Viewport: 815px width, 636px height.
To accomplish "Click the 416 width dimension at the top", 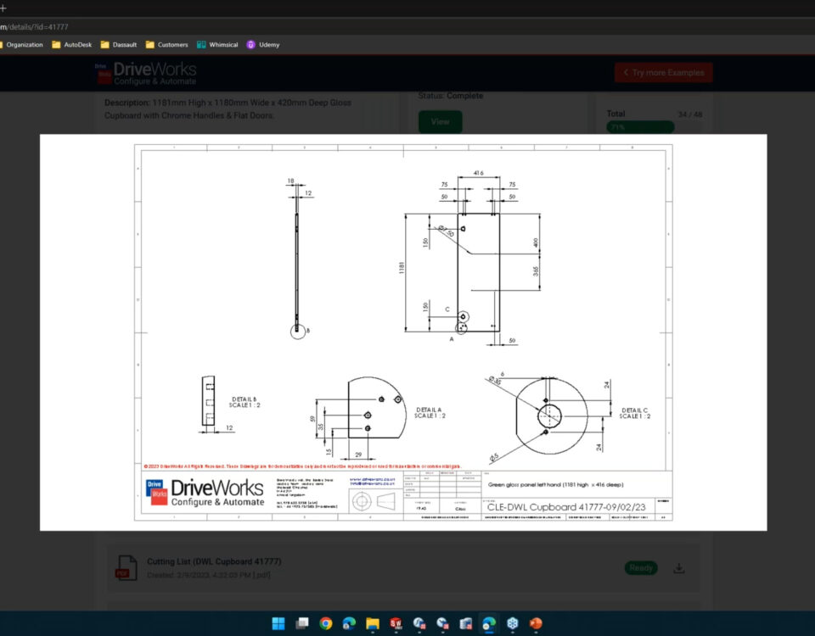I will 478,172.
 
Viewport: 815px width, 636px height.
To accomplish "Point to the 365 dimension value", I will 537,271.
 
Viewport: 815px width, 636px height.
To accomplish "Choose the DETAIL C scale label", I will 634,413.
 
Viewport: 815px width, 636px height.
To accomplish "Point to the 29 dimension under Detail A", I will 358,455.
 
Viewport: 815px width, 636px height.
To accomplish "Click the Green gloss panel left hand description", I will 556,485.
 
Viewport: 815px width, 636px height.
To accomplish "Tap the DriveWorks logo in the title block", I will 205,493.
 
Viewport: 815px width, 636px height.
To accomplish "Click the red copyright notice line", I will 302,466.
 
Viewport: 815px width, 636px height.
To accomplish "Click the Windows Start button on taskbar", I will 278,624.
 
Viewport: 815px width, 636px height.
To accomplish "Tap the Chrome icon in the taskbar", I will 325,624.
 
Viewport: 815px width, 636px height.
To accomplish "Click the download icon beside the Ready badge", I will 678,568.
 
